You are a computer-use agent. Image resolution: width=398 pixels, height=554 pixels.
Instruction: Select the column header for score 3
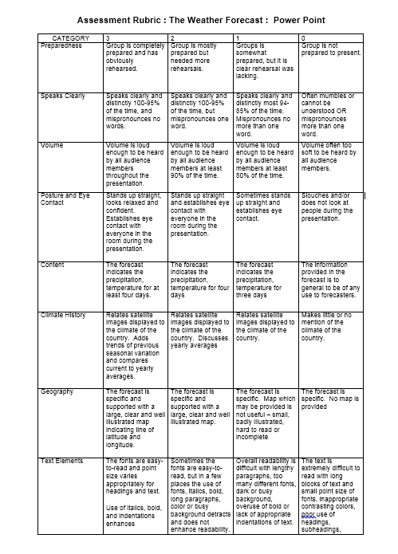(108, 37)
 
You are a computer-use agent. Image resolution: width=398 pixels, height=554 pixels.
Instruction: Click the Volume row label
(52, 145)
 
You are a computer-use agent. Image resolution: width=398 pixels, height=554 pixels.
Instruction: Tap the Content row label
(53, 265)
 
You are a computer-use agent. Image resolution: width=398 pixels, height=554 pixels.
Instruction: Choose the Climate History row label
(65, 315)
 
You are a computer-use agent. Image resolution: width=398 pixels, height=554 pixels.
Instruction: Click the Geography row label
(57, 391)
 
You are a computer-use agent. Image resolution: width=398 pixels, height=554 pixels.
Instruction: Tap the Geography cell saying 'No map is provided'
(330, 399)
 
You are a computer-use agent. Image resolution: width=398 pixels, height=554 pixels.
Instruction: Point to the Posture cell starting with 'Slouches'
(330, 206)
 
